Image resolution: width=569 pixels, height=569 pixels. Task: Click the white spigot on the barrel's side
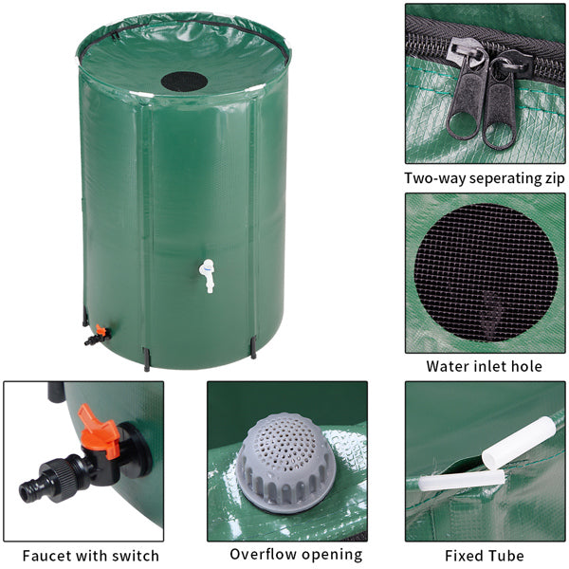coord(207,275)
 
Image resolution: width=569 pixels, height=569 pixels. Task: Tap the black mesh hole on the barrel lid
coord(182,81)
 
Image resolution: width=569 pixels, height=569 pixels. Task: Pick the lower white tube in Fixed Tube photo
coord(461,481)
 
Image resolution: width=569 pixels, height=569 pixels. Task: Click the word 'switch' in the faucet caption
coord(135,556)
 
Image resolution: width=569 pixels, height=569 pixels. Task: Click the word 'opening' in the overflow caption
coord(332,556)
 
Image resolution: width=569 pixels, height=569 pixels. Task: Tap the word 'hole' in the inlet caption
coord(527,366)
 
